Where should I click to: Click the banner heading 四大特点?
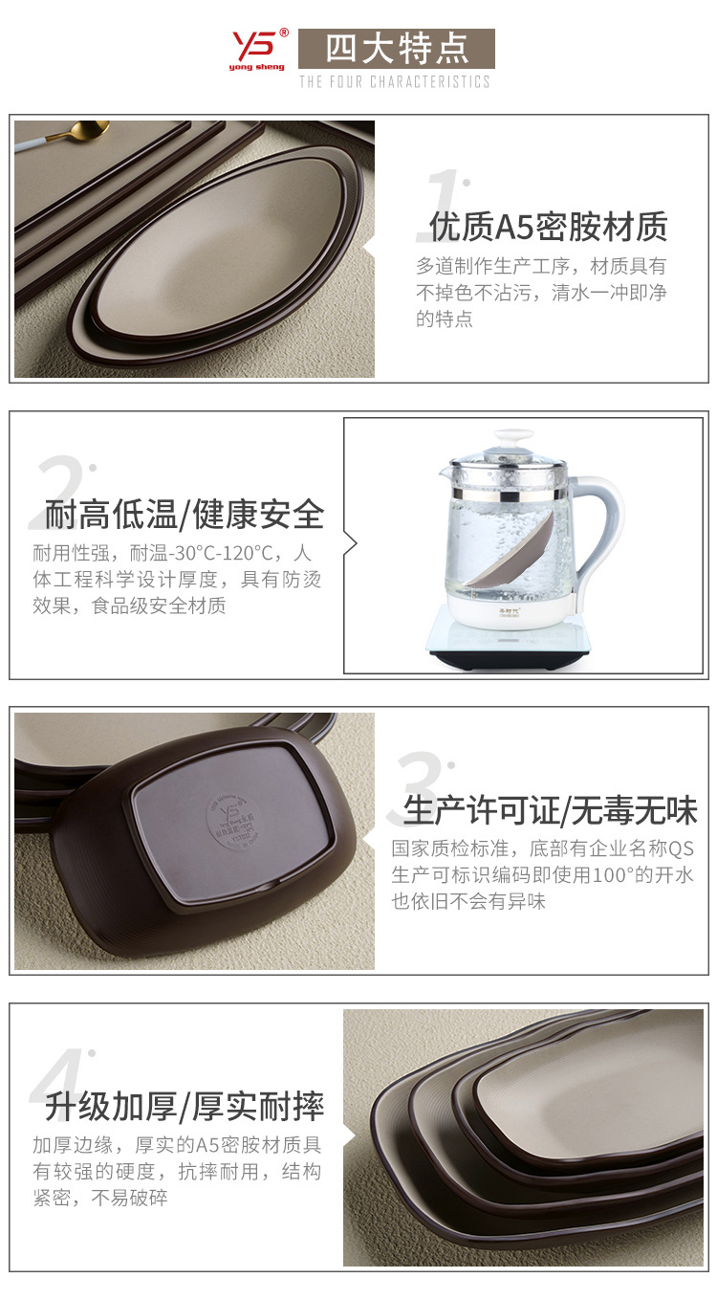[396, 48]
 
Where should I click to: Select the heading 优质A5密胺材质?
[548, 227]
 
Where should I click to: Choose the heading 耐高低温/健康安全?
[185, 515]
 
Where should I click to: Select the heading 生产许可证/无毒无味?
[550, 810]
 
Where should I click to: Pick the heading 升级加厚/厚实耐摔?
[185, 1106]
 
